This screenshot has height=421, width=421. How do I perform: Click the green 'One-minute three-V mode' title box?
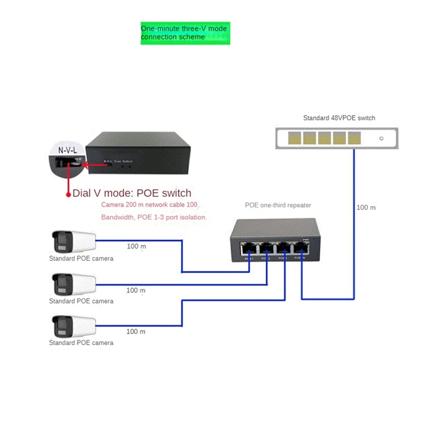click(x=185, y=33)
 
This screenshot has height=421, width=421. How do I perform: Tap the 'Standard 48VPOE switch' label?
click(x=339, y=118)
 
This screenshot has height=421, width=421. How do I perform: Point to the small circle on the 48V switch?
click(x=382, y=139)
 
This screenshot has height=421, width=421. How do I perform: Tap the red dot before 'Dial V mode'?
click(x=68, y=194)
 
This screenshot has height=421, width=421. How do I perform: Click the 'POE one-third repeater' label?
click(x=278, y=205)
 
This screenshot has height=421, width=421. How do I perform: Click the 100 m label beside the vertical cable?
click(x=366, y=207)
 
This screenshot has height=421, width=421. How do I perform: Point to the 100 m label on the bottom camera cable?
click(x=136, y=332)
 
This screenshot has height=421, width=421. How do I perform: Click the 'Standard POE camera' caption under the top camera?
click(x=81, y=258)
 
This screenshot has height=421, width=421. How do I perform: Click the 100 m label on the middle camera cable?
click(x=136, y=290)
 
